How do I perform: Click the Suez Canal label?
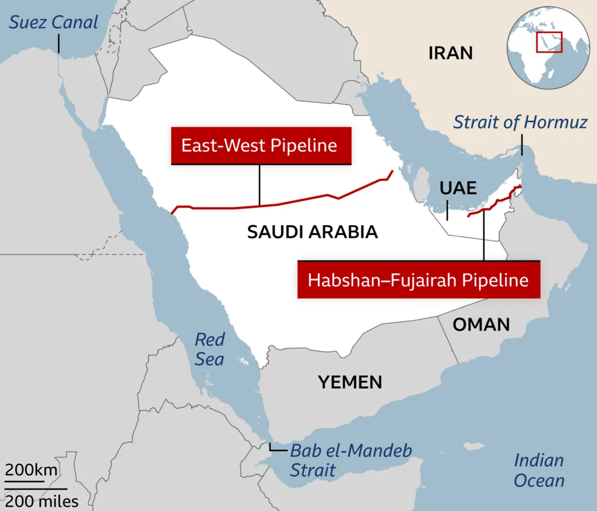53,22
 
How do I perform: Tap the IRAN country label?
451,54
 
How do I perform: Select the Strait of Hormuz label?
521,122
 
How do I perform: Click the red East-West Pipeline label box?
259,145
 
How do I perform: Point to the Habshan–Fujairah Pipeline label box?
418,279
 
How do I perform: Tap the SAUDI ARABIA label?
312,232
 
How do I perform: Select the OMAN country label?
481,324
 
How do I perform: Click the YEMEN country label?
350,382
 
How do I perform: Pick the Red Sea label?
210,349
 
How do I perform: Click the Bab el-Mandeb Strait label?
351,460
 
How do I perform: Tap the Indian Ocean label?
539,470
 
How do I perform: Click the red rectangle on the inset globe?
549,42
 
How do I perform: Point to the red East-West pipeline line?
282,204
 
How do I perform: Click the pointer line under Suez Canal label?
59,43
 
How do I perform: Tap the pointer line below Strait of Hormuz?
521,145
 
